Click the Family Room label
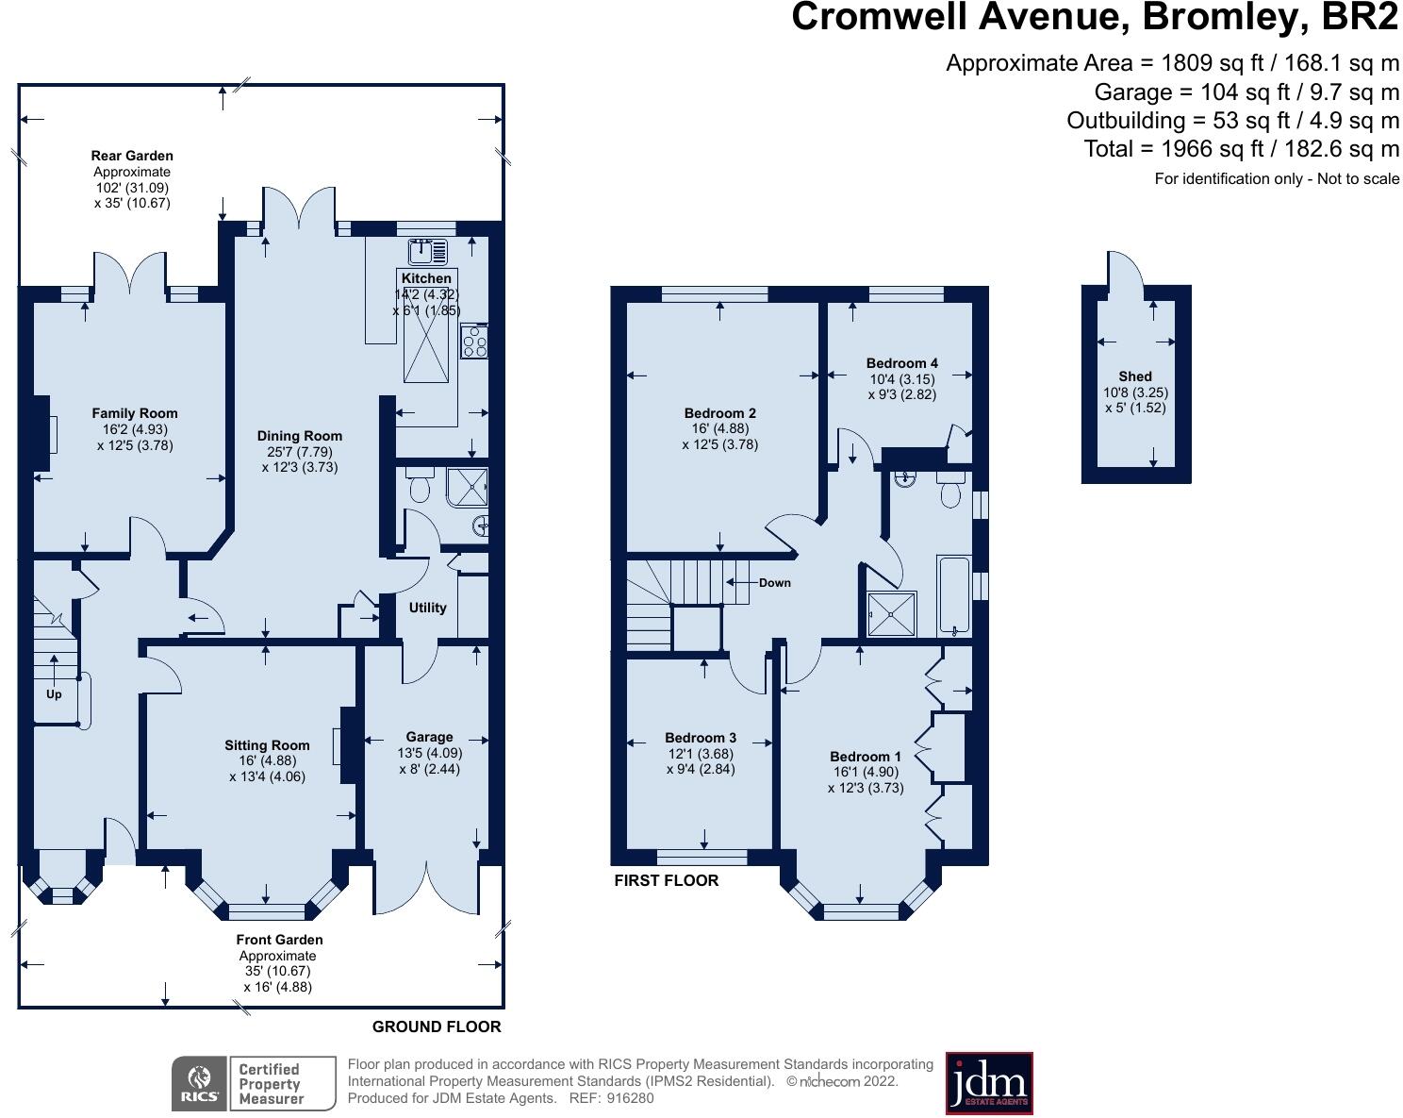[x=135, y=413]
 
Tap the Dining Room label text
[x=299, y=436]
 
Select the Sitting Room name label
[x=267, y=745]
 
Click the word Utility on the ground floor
[x=427, y=608]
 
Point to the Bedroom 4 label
[x=901, y=363]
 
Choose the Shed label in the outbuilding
[x=1135, y=376]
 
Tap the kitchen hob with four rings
[x=473, y=342]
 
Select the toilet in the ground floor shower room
[x=420, y=486]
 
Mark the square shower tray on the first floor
[x=891, y=613]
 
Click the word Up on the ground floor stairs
[x=54, y=694]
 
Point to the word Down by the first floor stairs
[x=774, y=583]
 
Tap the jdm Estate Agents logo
[x=989, y=1083]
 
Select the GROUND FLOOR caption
[x=437, y=1026]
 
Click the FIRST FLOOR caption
[x=666, y=880]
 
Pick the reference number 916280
[x=630, y=1098]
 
